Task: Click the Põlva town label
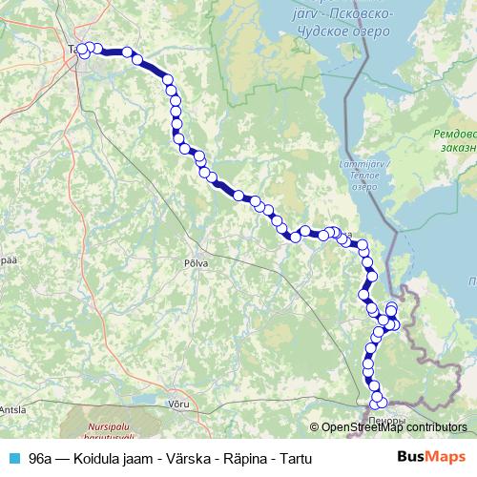[196, 259]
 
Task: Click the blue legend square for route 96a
[14, 457]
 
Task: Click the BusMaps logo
[432, 456]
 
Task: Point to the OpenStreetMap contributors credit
[392, 428]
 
